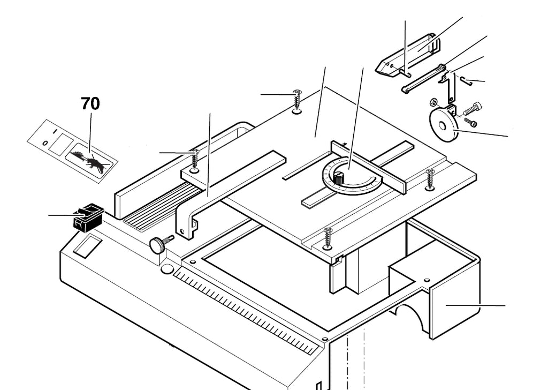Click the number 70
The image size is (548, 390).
click(x=90, y=103)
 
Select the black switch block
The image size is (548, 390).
click(x=88, y=217)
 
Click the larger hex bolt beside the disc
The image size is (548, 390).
click(x=471, y=110)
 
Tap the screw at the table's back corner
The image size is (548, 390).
click(x=298, y=102)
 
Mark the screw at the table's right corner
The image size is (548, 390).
click(x=430, y=179)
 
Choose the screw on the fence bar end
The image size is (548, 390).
click(x=195, y=161)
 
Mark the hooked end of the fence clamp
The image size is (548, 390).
click(x=187, y=228)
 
